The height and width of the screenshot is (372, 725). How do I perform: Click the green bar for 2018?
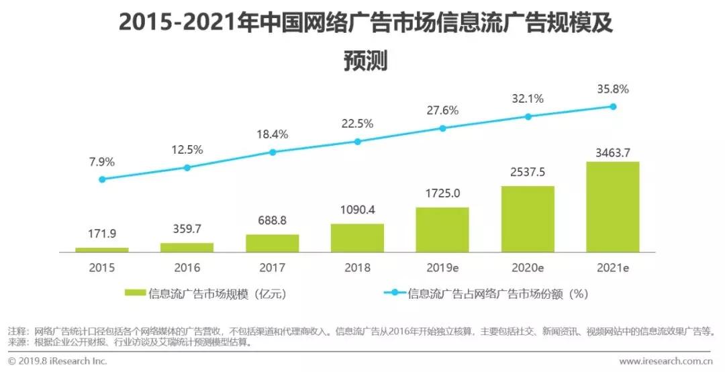point(357,238)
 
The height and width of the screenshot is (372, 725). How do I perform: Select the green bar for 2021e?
point(613,207)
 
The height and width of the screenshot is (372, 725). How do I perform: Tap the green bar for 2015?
point(102,250)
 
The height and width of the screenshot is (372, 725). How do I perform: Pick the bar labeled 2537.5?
point(528,219)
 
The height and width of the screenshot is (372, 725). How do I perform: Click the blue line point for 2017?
point(273,152)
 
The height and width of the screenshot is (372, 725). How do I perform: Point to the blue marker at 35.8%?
point(613,106)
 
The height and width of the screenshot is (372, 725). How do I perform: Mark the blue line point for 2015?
point(102,179)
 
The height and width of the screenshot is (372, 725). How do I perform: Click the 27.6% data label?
point(442,111)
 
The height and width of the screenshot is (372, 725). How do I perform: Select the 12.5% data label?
point(187,150)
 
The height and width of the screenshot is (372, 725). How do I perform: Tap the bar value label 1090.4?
point(357,210)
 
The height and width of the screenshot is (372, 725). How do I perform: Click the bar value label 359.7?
point(187,228)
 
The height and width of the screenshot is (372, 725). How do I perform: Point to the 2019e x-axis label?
point(442,267)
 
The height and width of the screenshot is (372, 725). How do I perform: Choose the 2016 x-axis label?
point(187,267)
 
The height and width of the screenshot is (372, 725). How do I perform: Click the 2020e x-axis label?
point(528,267)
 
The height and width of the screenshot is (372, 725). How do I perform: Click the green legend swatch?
point(135,293)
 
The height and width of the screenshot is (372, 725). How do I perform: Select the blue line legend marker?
point(395,293)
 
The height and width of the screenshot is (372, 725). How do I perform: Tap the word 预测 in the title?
point(365,61)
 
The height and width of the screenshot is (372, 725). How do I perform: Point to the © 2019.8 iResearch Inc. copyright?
point(57,361)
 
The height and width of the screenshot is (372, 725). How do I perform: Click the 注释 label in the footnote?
point(16,331)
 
